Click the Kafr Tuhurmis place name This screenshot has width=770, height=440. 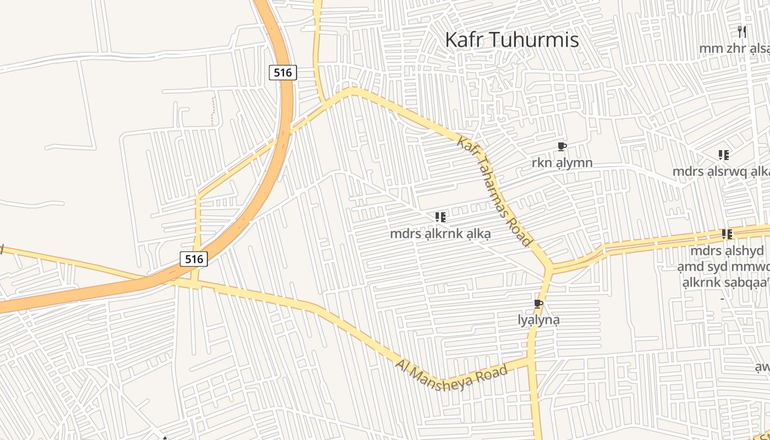pyautogui.click(x=512, y=40)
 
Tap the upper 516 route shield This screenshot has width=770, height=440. pyautogui.click(x=283, y=72)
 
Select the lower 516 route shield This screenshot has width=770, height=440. pyautogui.click(x=194, y=259)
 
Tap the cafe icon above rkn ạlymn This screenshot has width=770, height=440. pyautogui.click(x=562, y=147)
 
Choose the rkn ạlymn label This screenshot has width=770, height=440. pyautogui.click(x=562, y=163)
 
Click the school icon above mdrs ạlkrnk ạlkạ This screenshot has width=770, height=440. pyautogui.click(x=440, y=217)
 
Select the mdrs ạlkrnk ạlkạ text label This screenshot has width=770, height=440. pyautogui.click(x=440, y=234)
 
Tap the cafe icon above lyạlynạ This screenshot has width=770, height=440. pyautogui.click(x=538, y=304)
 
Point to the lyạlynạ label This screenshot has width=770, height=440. pyautogui.click(x=538, y=320)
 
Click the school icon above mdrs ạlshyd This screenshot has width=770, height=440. pyautogui.click(x=727, y=235)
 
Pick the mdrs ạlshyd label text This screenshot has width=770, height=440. pyautogui.click(x=727, y=251)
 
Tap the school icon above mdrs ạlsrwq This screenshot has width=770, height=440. pyautogui.click(x=724, y=155)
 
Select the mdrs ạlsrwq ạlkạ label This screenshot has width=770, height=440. pyautogui.click(x=721, y=172)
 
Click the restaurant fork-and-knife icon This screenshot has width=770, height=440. pyautogui.click(x=742, y=32)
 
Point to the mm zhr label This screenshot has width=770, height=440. pyautogui.click(x=734, y=48)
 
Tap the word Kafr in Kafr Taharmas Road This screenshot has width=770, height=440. pyautogui.click(x=469, y=147)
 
